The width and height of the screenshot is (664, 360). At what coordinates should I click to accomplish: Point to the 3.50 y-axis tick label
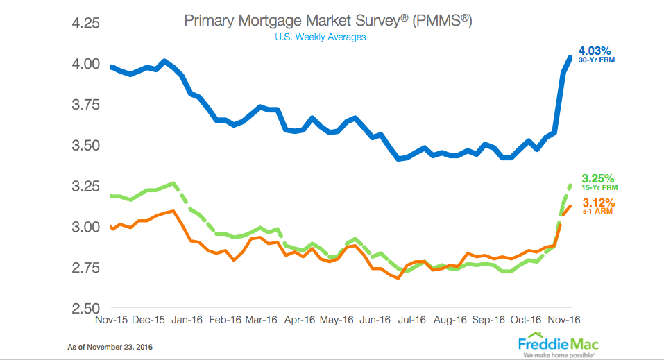[x=85, y=146]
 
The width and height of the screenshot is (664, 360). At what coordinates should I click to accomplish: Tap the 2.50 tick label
[x=85, y=308]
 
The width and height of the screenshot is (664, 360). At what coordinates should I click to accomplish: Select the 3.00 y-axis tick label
[x=85, y=228]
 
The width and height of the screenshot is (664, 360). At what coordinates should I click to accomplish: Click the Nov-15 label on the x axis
[x=110, y=320]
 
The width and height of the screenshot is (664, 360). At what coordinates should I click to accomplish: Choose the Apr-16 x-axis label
[x=299, y=320]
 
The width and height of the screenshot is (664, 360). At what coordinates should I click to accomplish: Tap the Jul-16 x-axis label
[x=412, y=320]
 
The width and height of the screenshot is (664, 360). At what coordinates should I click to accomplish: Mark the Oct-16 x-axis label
[x=527, y=320]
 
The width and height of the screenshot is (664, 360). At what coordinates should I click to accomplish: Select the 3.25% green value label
[x=597, y=178]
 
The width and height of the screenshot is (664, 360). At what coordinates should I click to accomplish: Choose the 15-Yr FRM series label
[x=597, y=187]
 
